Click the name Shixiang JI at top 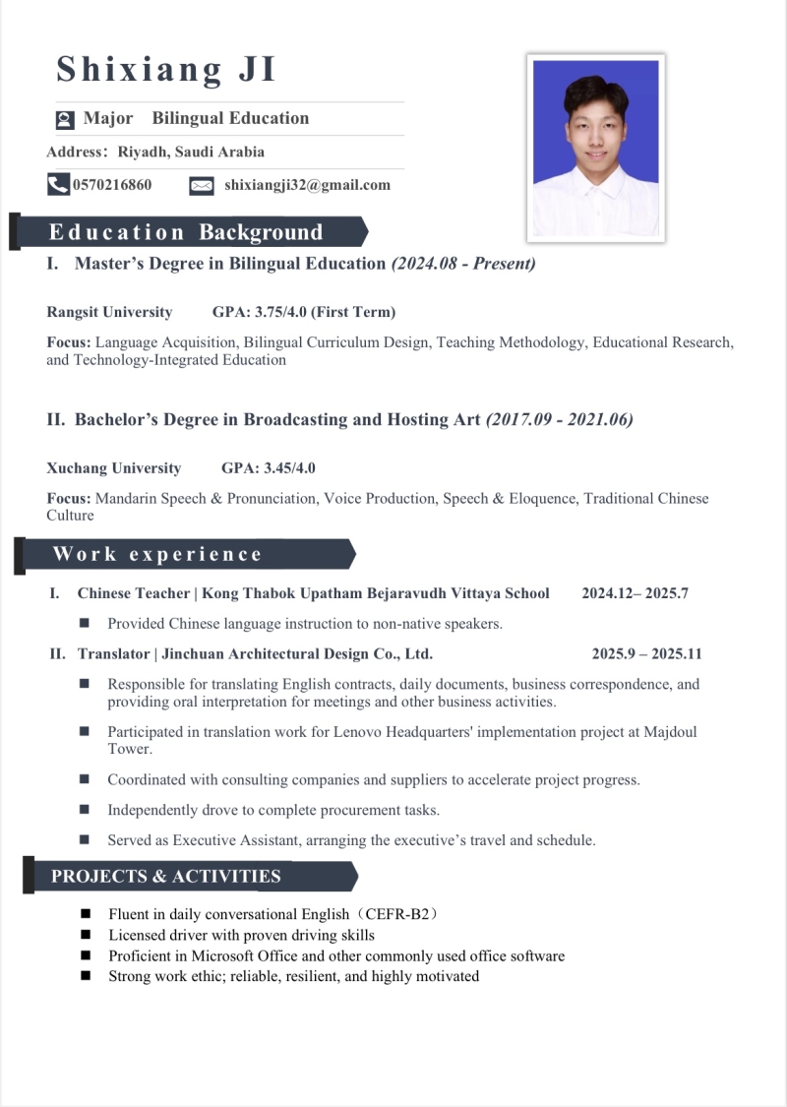[x=166, y=70]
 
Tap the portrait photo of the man [x=596, y=149]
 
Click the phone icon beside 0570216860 [x=58, y=184]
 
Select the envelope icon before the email [x=201, y=185]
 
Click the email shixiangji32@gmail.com [x=307, y=185]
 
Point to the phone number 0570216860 [x=112, y=185]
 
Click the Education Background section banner [x=187, y=232]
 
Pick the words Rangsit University [x=109, y=312]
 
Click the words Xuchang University [x=114, y=468]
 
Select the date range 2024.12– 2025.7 [x=635, y=593]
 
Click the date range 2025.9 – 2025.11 [x=646, y=653]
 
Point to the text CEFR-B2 [x=397, y=914]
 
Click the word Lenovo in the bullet [x=359, y=732]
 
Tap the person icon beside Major [x=65, y=120]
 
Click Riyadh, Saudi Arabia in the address [x=191, y=152]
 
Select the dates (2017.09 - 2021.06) [x=560, y=419]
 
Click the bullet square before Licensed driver [x=86, y=935]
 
